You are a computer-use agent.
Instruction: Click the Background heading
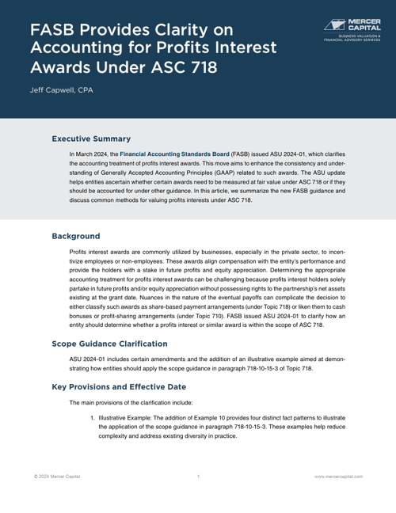(x=76, y=214)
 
